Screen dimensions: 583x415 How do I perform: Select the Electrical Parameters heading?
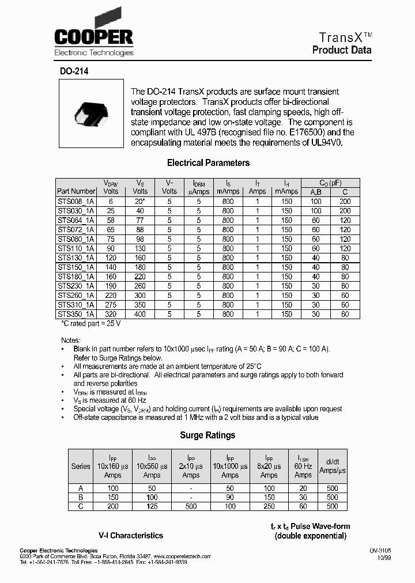click(208, 163)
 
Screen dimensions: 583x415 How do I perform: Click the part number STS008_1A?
click(76, 202)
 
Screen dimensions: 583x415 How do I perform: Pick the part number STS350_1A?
click(76, 314)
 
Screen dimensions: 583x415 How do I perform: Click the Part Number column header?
click(76, 191)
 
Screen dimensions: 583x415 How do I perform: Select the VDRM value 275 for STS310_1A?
click(111, 305)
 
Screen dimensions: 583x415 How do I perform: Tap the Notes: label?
click(71, 340)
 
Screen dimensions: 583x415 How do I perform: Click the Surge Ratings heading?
click(207, 436)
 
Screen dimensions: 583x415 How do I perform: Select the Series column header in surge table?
click(81, 466)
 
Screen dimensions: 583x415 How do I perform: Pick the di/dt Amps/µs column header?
click(333, 466)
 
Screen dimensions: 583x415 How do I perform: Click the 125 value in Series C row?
click(152, 506)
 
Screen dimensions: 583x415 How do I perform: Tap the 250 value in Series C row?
click(269, 506)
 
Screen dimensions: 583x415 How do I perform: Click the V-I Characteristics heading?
click(131, 535)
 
